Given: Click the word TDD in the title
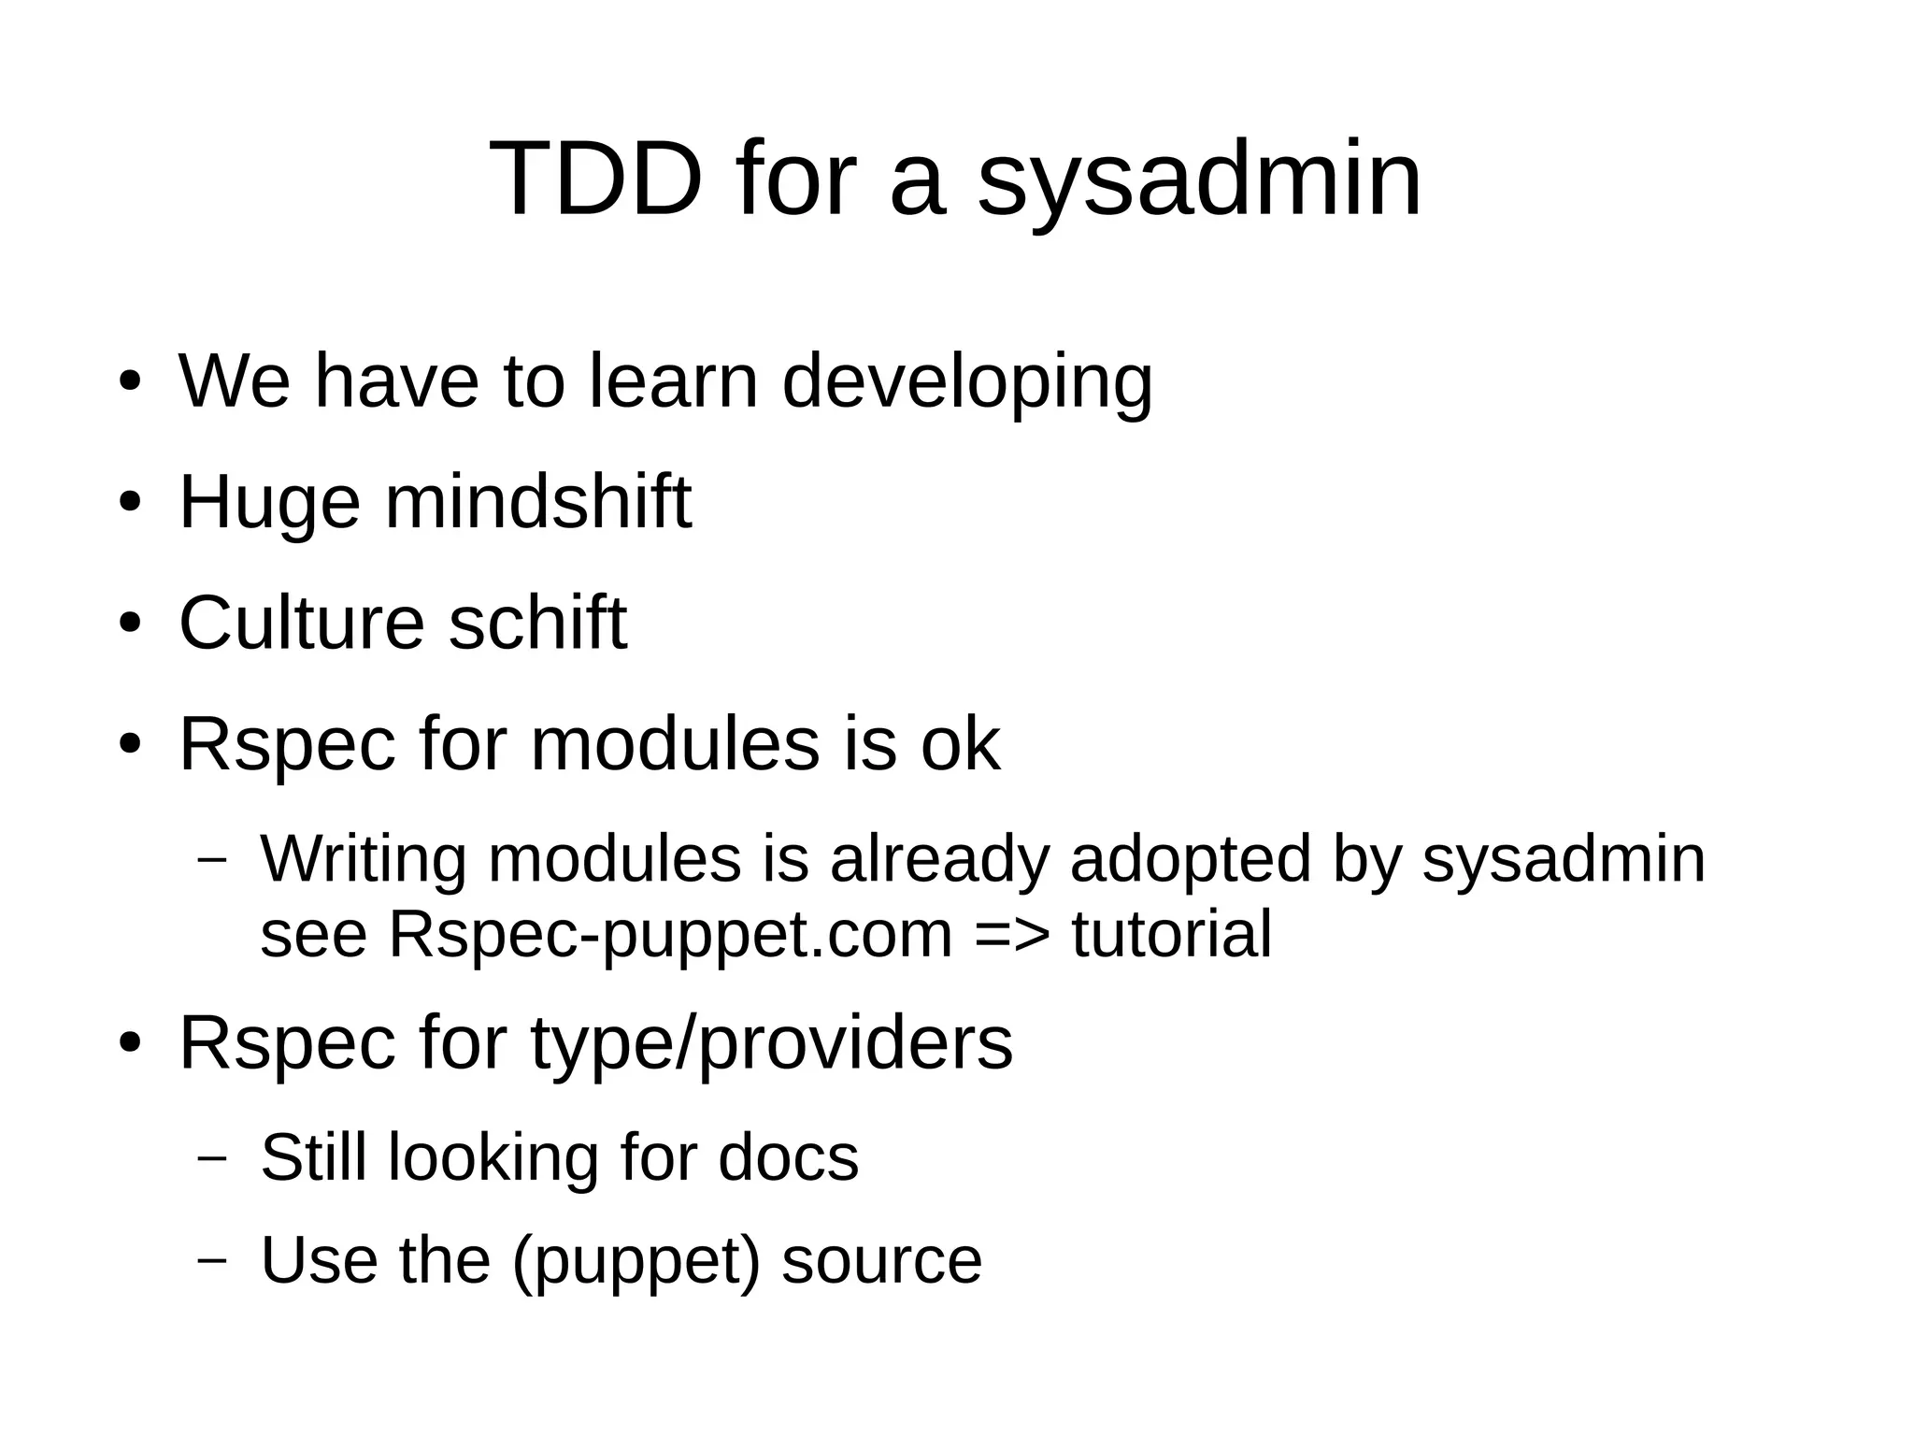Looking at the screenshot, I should click(595, 178).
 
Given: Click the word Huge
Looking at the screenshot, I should click(269, 502).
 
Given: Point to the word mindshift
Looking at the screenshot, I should click(538, 502).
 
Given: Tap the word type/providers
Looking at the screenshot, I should click(772, 1042).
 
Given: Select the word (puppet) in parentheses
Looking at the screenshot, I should click(636, 1260).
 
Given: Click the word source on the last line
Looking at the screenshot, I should click(881, 1260).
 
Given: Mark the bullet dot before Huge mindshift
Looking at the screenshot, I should click(130, 502).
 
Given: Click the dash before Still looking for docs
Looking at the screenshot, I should click(213, 1158).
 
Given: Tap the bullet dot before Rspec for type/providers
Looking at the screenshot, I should click(130, 1042).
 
